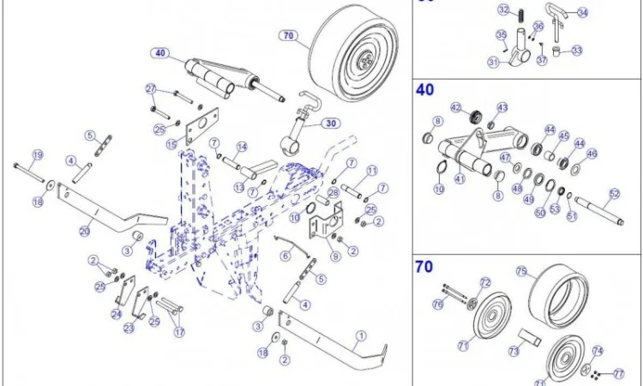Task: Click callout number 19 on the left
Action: [37, 155]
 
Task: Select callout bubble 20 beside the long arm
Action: [84, 230]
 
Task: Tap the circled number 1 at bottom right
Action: [361, 335]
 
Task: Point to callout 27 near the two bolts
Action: [150, 89]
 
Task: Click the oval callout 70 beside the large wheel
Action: [287, 36]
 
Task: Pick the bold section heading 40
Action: [424, 89]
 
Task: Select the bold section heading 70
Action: [424, 267]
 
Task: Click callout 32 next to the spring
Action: [504, 10]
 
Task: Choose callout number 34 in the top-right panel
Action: [583, 13]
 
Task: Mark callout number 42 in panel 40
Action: [456, 108]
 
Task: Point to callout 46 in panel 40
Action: [592, 154]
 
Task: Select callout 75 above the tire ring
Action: [520, 271]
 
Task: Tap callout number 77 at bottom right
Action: [619, 374]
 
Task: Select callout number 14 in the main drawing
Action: [243, 146]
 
